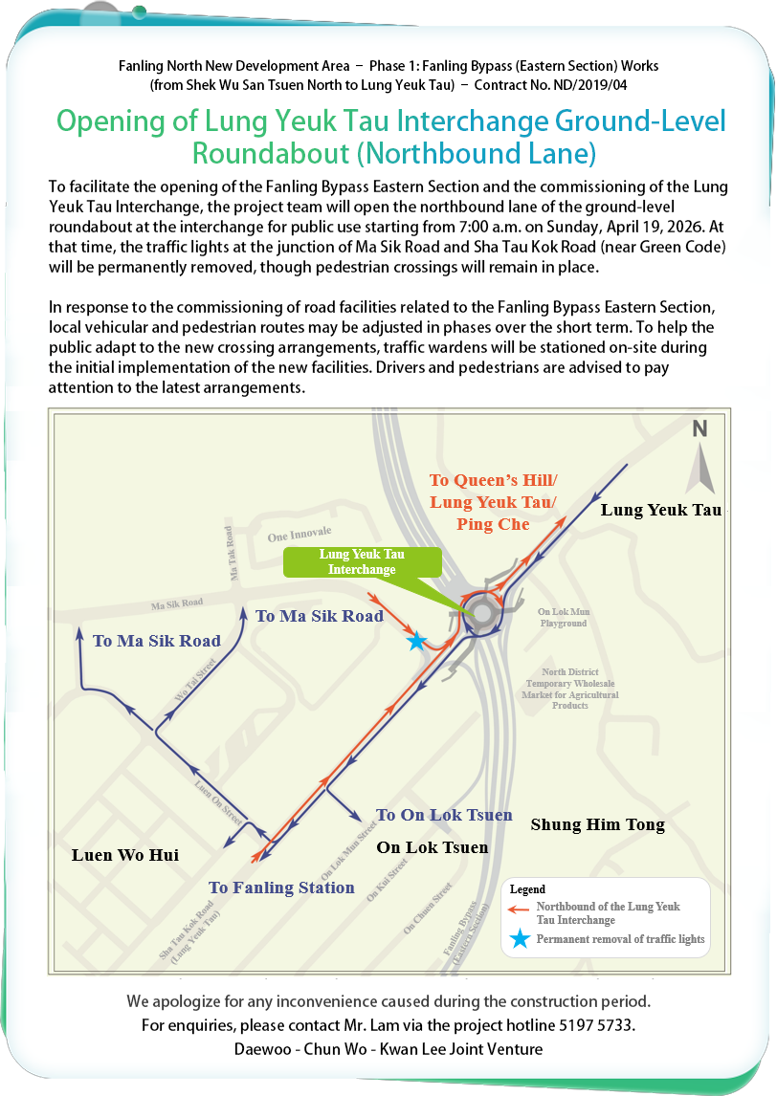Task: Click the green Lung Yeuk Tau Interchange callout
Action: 362,561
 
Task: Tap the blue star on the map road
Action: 416,641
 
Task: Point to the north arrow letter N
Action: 700,429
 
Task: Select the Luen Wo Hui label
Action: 125,855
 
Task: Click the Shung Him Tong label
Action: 597,824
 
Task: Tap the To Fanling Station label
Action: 282,888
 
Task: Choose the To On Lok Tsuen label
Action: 444,815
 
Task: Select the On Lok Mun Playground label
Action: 563,618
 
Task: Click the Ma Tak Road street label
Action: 230,553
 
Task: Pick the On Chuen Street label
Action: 427,909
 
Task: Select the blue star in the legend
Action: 519,939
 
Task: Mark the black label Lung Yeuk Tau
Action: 660,510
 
